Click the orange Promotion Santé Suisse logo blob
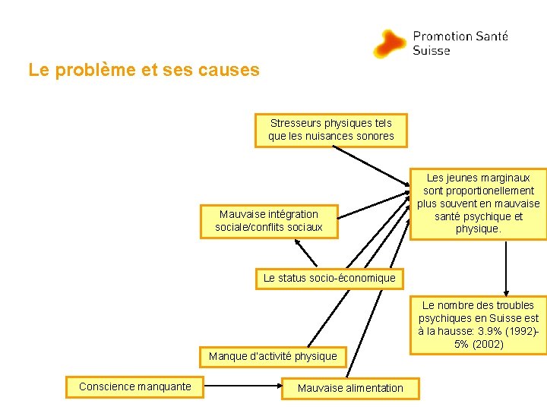(390, 43)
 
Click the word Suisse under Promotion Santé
(432, 51)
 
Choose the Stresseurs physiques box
(331, 130)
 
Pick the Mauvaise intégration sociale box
(268, 221)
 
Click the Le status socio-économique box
(329, 278)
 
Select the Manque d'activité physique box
(272, 355)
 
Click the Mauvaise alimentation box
(350, 388)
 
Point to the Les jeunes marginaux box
(479, 203)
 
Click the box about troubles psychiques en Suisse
(479, 324)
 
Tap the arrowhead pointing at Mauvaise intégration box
(298, 244)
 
